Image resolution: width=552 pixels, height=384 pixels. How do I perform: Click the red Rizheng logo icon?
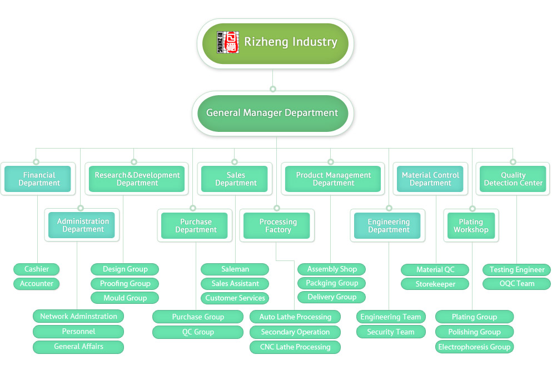tap(228, 42)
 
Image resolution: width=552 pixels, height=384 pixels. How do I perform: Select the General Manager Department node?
tap(272, 113)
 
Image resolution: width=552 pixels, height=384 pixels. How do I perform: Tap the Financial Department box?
tap(38, 179)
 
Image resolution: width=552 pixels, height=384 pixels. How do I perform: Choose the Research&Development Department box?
tap(137, 179)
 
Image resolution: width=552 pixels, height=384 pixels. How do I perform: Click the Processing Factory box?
tap(278, 225)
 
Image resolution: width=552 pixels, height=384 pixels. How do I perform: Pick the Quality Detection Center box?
tap(513, 179)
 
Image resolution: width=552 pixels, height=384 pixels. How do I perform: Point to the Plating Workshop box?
tap(471, 225)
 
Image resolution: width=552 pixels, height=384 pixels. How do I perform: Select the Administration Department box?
tap(82, 225)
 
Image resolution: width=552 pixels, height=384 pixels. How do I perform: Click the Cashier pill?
tap(37, 269)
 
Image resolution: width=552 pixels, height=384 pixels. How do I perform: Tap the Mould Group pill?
tap(125, 298)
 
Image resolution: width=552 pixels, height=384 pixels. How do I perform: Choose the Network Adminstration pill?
tap(78, 317)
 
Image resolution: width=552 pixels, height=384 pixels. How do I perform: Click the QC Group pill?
tap(198, 332)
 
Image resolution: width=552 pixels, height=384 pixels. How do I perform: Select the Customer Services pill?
tap(235, 298)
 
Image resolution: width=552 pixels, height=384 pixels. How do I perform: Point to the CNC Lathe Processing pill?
tap(295, 347)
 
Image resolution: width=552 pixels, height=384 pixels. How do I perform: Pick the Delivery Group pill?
tap(332, 297)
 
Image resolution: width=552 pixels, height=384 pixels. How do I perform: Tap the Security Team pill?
tap(390, 332)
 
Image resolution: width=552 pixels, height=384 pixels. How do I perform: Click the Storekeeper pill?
tap(435, 284)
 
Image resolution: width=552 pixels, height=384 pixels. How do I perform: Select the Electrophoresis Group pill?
tap(474, 347)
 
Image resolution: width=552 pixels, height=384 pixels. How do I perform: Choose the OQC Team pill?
tap(517, 284)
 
